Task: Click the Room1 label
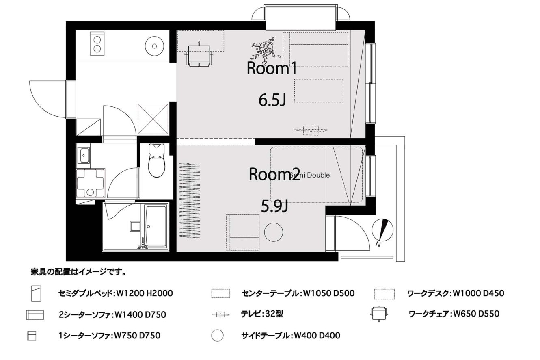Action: tap(272, 68)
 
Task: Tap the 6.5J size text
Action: tap(272, 100)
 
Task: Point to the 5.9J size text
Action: tap(274, 206)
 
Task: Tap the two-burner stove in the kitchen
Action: tap(97, 43)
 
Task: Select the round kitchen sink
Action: tap(155, 46)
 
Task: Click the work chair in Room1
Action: tap(199, 55)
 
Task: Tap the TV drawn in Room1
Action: tap(311, 130)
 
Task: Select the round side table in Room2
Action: tap(273, 232)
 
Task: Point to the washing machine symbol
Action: tap(90, 183)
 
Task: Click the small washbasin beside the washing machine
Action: tap(84, 155)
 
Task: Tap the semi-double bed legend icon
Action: tap(36, 294)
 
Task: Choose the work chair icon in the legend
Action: tap(379, 314)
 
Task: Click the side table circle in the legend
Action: tap(217, 335)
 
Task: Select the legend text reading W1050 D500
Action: tap(328, 293)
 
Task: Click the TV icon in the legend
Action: tap(220, 314)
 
